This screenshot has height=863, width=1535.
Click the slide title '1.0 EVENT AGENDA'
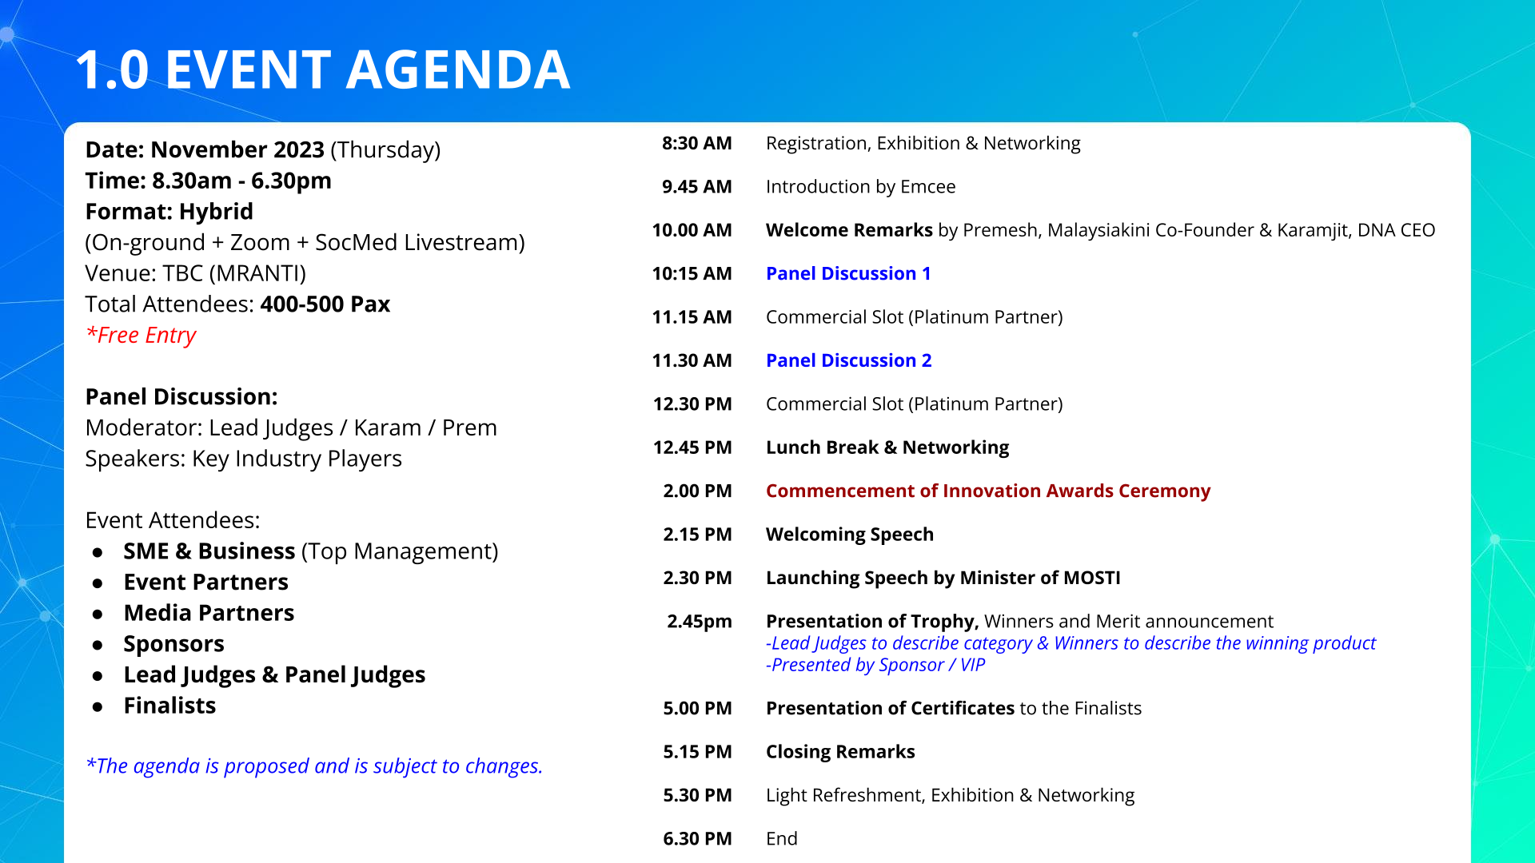(x=322, y=70)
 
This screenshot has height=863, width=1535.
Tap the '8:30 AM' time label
(x=696, y=144)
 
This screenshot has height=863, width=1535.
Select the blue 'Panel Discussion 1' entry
(x=848, y=274)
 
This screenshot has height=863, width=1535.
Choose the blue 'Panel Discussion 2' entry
(x=848, y=361)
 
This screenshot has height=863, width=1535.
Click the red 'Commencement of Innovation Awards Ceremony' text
(x=988, y=491)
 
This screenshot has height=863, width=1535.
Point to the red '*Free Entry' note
(x=141, y=336)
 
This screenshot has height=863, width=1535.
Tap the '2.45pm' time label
(x=700, y=622)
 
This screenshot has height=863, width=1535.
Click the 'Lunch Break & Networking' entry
(x=887, y=448)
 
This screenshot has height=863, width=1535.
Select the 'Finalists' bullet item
(x=169, y=706)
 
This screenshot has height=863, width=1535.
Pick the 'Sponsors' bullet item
(x=173, y=645)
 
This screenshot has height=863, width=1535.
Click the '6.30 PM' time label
(x=697, y=839)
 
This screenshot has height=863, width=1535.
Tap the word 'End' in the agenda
(x=781, y=839)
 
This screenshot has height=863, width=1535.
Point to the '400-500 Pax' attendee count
(x=325, y=304)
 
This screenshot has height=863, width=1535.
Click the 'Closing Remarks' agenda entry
(x=840, y=753)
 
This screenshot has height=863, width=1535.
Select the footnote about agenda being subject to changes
(x=314, y=766)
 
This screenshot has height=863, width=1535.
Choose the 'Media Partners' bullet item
(x=209, y=614)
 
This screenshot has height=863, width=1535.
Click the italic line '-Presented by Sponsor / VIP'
(x=875, y=666)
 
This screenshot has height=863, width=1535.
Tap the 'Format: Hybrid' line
(x=169, y=212)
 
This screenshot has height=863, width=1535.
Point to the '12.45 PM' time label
(x=692, y=448)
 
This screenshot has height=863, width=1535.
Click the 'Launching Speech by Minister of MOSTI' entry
(x=943, y=579)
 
